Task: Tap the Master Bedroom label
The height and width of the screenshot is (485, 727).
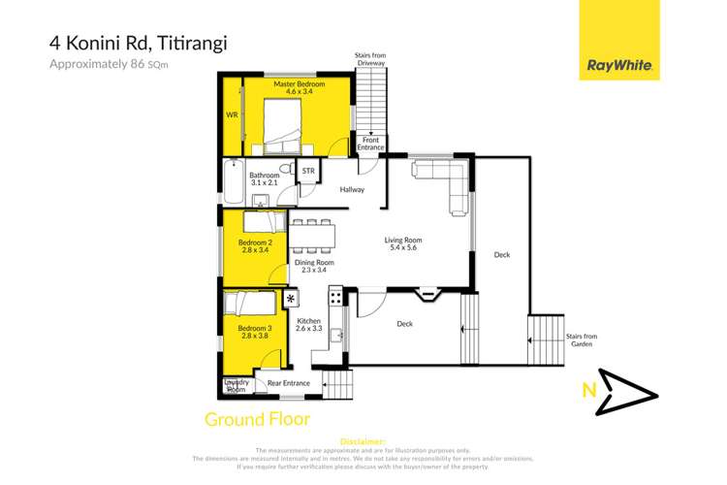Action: coord(298,90)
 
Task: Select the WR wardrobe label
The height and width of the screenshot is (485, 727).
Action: coord(232,114)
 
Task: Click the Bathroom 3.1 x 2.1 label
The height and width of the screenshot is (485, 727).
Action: coord(264,178)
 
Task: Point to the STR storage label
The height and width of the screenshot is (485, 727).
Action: coord(308,172)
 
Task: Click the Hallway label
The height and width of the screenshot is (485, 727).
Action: coord(352,189)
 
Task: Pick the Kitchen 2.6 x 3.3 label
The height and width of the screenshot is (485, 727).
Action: coord(309,325)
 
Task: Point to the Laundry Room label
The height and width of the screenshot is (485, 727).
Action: coord(237,386)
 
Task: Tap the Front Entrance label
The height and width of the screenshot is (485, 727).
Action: coord(371,144)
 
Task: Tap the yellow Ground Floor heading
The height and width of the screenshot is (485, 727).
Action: coord(257,420)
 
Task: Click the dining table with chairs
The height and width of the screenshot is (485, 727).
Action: coord(312,235)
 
